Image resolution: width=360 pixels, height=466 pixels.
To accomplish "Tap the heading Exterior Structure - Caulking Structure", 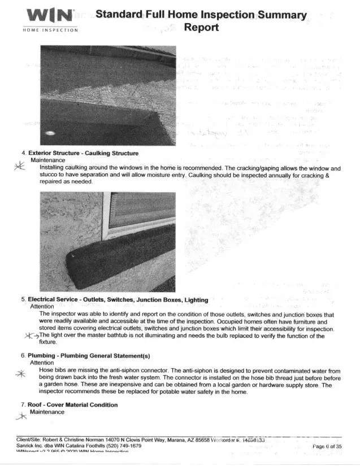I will point(83,153).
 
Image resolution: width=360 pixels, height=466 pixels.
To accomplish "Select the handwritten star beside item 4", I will point(19,166).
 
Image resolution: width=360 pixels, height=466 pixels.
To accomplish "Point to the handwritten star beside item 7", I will point(21,417).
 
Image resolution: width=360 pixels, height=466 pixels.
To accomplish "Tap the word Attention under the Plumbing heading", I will point(41,363).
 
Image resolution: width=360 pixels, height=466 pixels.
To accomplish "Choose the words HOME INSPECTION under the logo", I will point(50,30).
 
